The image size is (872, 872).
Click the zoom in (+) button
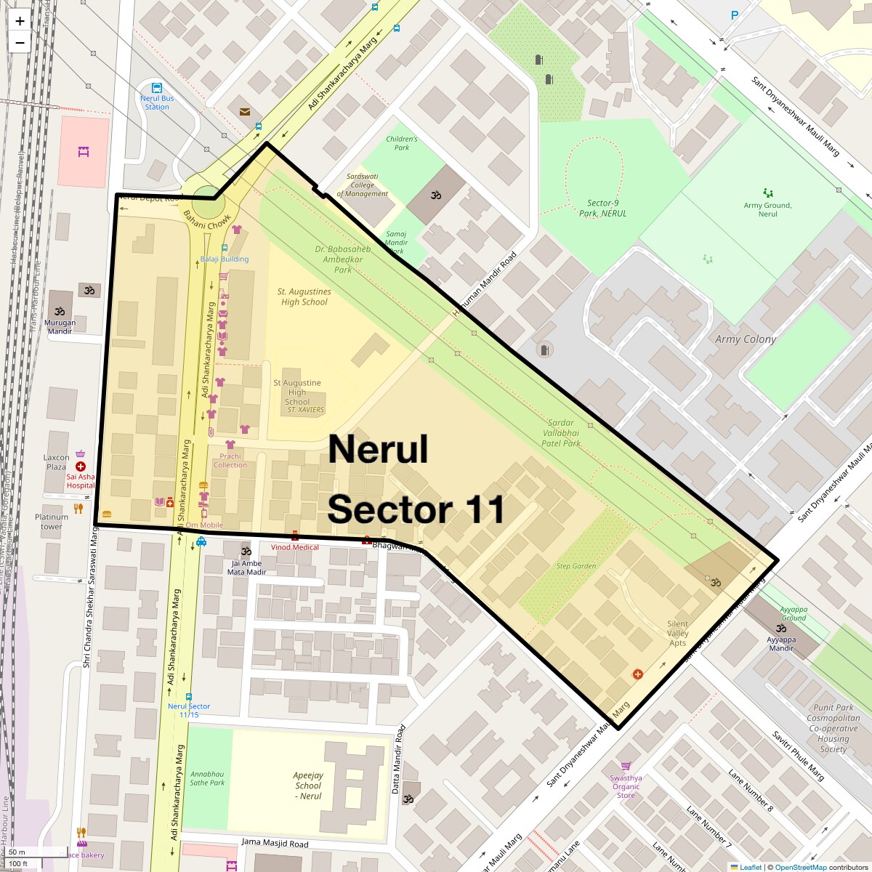pos(20,21)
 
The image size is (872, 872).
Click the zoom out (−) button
pos(20,43)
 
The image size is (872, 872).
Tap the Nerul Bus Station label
pos(157,102)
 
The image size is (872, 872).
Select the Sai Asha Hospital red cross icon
pos(81,467)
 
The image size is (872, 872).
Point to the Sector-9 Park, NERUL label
pos(602,209)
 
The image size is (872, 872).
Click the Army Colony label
pos(746,339)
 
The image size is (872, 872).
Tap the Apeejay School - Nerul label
pos(309,786)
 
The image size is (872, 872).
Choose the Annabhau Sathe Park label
pos(207,778)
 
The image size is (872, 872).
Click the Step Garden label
pos(576,566)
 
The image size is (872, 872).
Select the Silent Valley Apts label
pos(677,633)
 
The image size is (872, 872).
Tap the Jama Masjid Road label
pos(275,843)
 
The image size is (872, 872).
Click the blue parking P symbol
pos(735,15)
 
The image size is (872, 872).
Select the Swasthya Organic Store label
pos(626,786)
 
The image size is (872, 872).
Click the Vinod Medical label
pos(295,547)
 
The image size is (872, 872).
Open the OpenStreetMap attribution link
pos(800,867)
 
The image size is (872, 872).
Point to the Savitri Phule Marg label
pos(798,756)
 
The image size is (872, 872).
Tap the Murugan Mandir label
pos(60,326)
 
